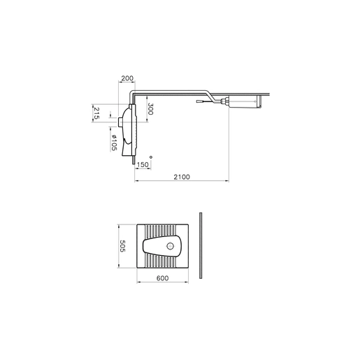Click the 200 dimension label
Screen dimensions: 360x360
127,78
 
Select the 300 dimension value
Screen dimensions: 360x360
150,109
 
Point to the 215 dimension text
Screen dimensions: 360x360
96,113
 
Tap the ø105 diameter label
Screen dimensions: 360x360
114,143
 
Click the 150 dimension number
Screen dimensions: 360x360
143,164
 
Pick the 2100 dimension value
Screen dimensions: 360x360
182,177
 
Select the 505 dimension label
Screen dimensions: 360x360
122,246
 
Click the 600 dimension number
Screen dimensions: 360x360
162,278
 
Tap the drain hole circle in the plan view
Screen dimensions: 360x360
171,246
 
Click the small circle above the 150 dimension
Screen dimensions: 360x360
151,157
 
